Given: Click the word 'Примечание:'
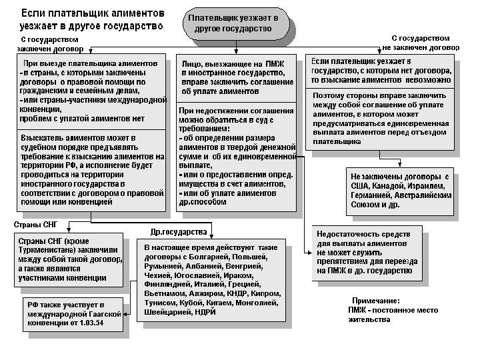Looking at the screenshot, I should (x=375, y=301).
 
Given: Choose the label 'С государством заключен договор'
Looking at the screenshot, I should (x=47, y=44).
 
